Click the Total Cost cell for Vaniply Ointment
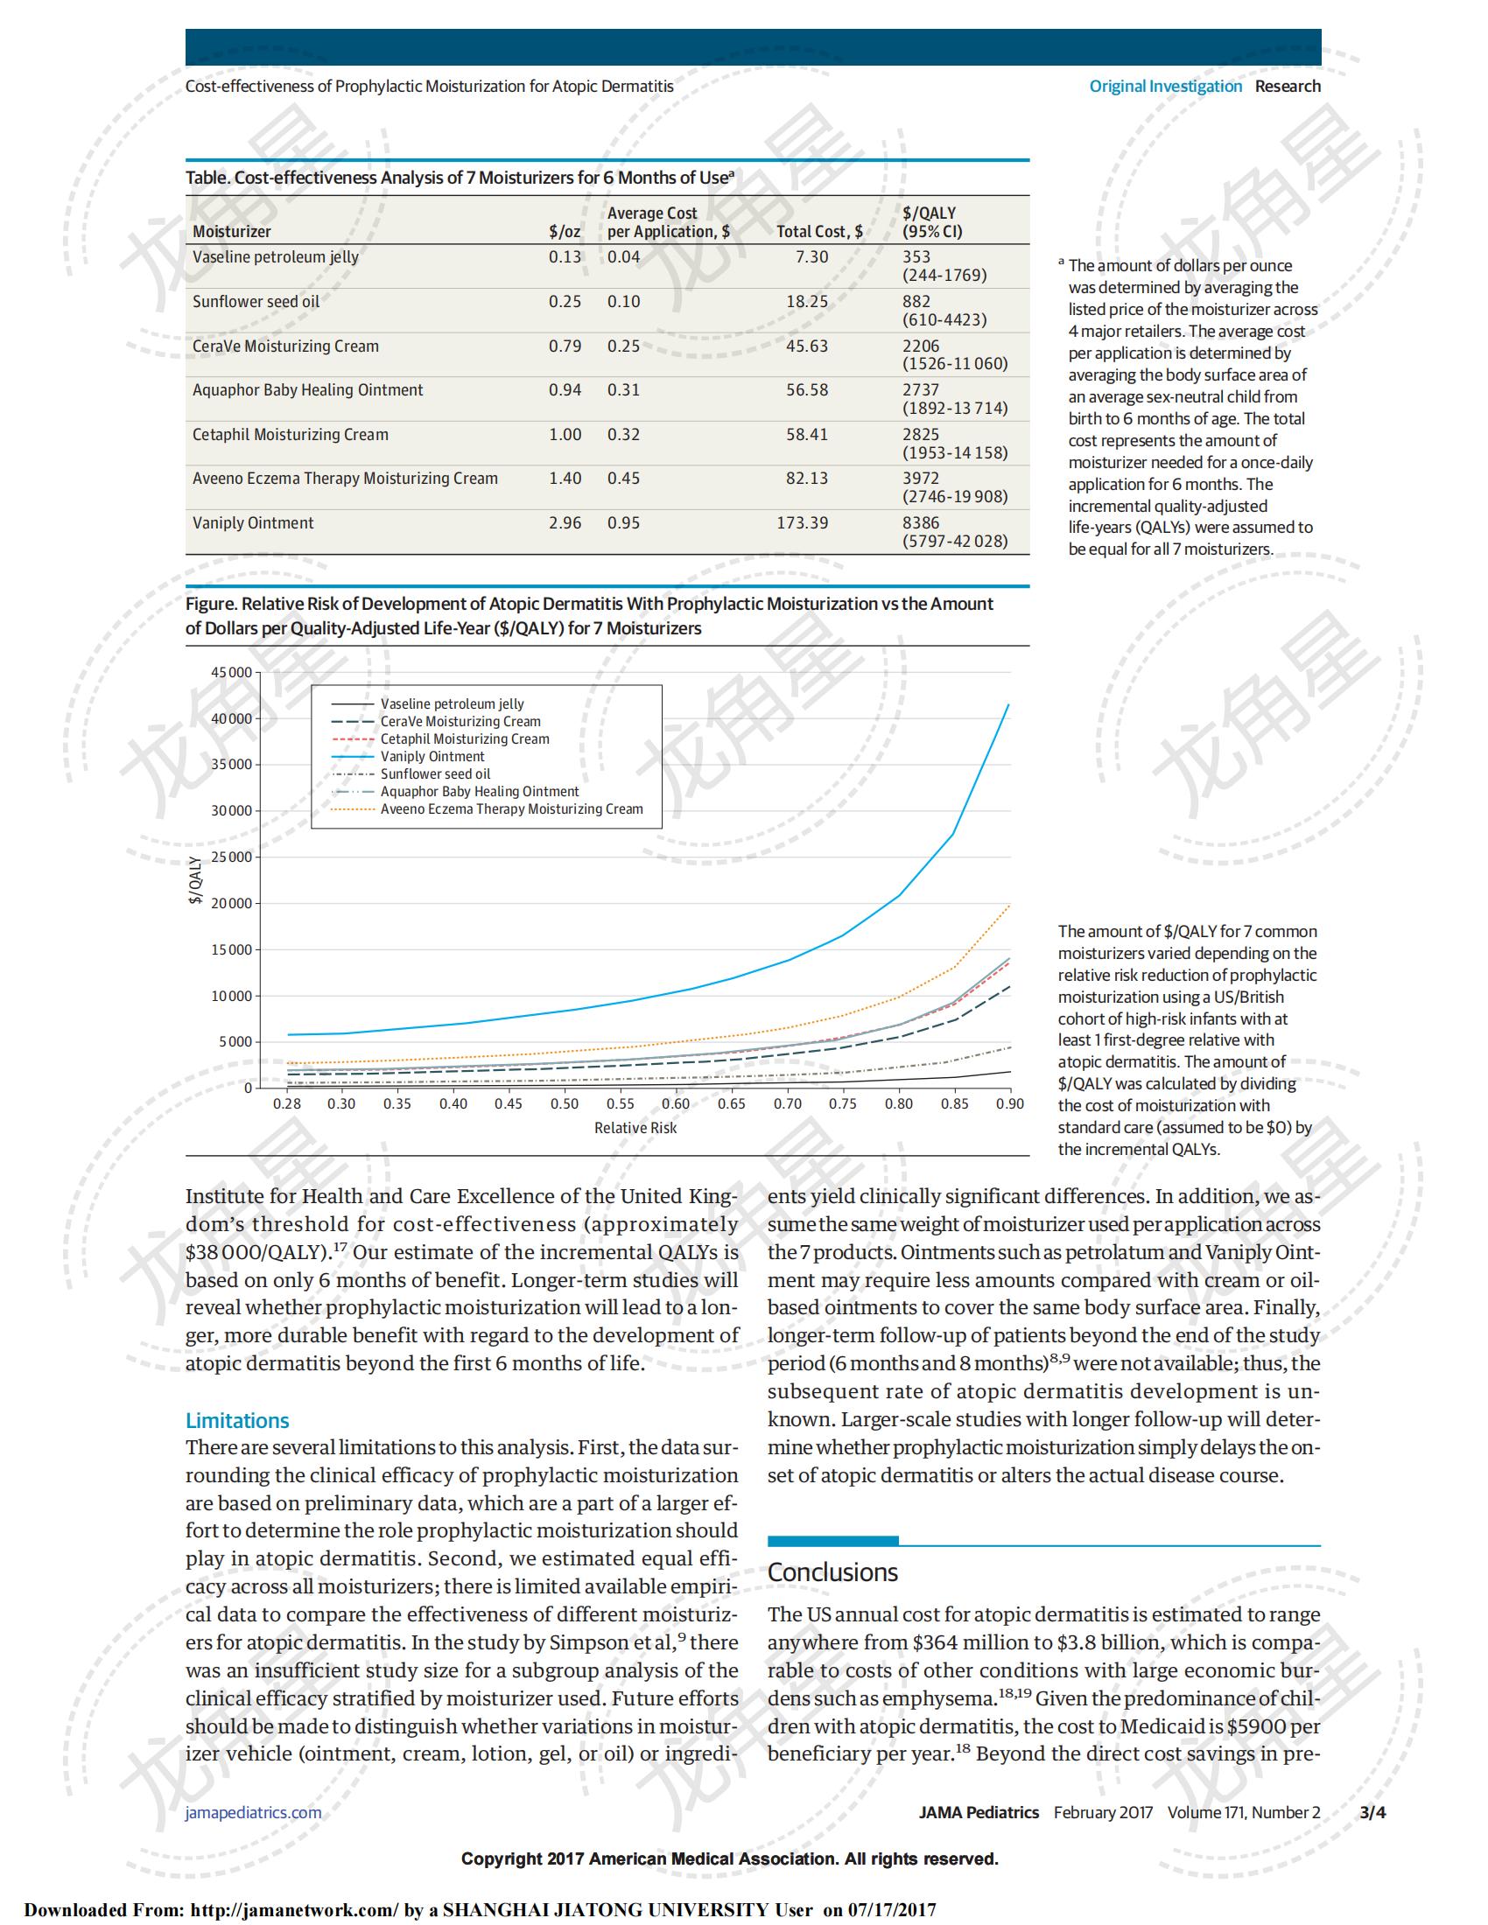pyautogui.click(x=801, y=522)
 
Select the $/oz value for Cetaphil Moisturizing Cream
pyautogui.click(x=565, y=435)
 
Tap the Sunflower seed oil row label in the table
pyautogui.click(x=256, y=302)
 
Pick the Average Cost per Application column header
pyautogui.click(x=667, y=222)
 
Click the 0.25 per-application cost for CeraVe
pyautogui.click(x=623, y=346)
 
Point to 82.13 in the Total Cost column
pyautogui.click(x=807, y=479)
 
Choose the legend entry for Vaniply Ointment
pyautogui.click(x=432, y=756)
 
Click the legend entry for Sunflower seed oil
pyautogui.click(x=435, y=773)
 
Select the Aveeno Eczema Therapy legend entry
pyautogui.click(x=511, y=809)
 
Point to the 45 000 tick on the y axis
pyautogui.click(x=231, y=673)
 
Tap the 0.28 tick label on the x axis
pyautogui.click(x=286, y=1103)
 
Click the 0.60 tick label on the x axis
pyautogui.click(x=675, y=1103)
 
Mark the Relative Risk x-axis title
pyautogui.click(x=635, y=1128)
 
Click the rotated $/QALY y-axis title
pyautogui.click(x=196, y=879)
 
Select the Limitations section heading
pyautogui.click(x=237, y=1421)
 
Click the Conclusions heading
pyautogui.click(x=832, y=1571)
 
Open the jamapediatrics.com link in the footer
pyautogui.click(x=253, y=1812)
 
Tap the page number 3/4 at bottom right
pyautogui.click(x=1372, y=1812)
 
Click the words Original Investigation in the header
pyautogui.click(x=1165, y=87)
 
